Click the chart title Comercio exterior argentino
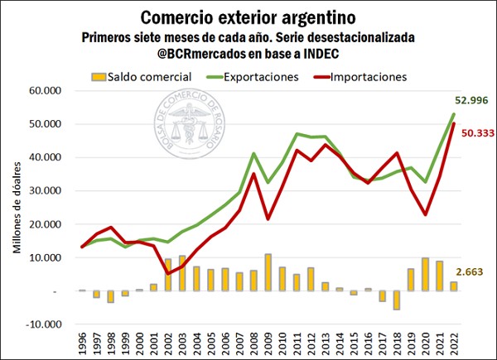tap(248, 17)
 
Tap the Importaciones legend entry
tap(369, 77)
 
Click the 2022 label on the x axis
tap(454, 342)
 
